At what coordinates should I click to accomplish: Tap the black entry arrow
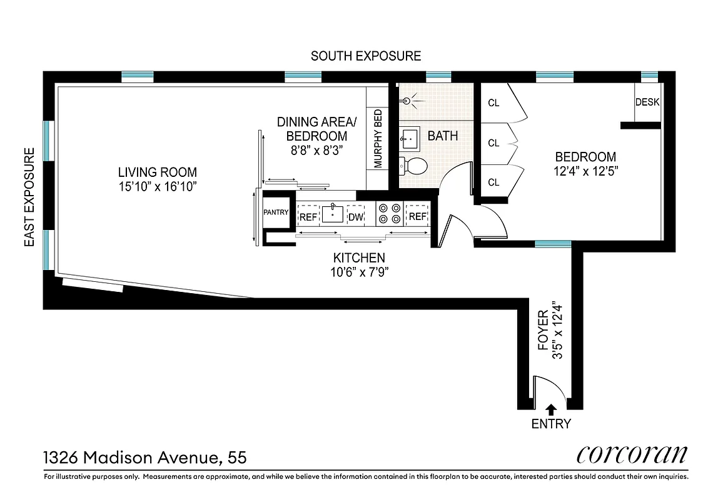pyautogui.click(x=551, y=409)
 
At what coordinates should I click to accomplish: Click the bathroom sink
pyautogui.click(x=411, y=139)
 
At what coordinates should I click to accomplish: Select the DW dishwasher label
pyautogui.click(x=355, y=216)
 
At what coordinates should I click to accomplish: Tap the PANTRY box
pyautogui.click(x=276, y=212)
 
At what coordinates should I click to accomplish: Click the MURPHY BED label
pyautogui.click(x=378, y=139)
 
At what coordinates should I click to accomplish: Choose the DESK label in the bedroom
pyautogui.click(x=647, y=102)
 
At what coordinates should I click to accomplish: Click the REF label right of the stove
pyautogui.click(x=417, y=216)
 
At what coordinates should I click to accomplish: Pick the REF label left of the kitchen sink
pyautogui.click(x=308, y=216)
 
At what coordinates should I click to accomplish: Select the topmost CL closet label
pyautogui.click(x=493, y=103)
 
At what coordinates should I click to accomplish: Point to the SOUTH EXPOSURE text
pyautogui.click(x=366, y=56)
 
